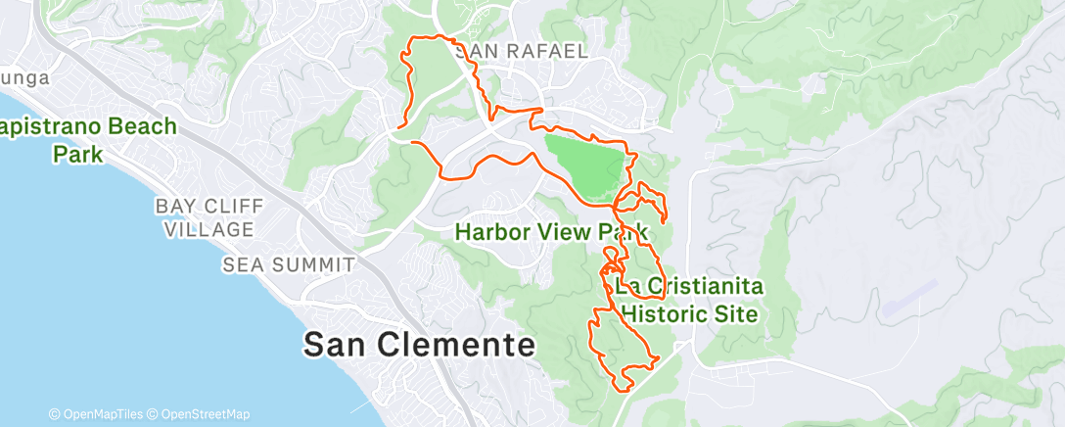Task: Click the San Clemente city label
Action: (419, 344)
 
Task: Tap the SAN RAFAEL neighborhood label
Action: (521, 51)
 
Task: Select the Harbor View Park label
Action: (552, 232)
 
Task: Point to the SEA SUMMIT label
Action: (288, 264)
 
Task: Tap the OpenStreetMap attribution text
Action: (205, 415)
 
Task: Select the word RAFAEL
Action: (548, 51)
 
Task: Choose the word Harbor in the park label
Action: (501, 232)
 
